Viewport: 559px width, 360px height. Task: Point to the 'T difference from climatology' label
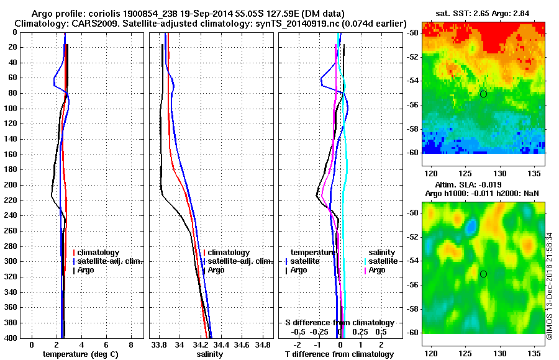coord(339,354)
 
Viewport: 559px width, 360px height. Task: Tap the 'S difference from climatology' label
coord(339,323)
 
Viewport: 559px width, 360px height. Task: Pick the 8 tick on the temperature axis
coord(130,344)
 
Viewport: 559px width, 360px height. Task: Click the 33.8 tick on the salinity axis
coord(160,344)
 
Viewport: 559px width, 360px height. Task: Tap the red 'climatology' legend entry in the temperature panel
coord(102,253)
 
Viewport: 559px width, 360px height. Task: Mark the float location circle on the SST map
coord(483,94)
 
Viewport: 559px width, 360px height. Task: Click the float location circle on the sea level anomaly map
coord(483,274)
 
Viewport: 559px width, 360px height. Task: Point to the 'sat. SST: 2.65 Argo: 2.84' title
coord(483,13)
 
